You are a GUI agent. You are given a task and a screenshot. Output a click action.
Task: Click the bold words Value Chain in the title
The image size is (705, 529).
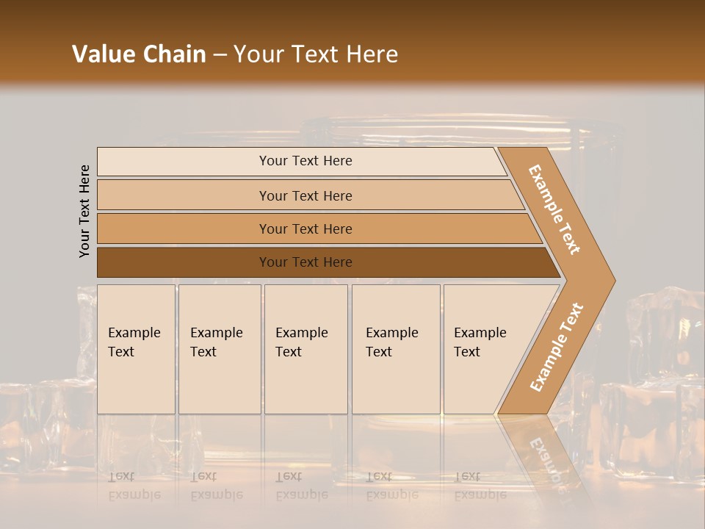click(139, 54)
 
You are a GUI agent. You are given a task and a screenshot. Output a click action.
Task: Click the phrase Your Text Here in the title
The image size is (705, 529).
click(316, 54)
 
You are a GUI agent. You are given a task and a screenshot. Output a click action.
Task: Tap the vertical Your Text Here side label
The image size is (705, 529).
click(84, 211)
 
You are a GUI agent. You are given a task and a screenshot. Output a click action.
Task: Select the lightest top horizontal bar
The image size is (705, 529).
click(184, 162)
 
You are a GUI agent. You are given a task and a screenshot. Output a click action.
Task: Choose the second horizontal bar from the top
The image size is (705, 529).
click(184, 195)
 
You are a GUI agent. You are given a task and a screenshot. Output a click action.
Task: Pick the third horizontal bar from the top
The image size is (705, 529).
click(184, 228)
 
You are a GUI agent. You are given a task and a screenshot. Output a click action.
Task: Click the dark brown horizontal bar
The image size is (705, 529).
click(184, 262)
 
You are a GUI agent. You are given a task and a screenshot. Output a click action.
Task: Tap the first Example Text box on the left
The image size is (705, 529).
click(136, 349)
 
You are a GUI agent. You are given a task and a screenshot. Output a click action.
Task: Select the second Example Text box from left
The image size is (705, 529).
click(220, 349)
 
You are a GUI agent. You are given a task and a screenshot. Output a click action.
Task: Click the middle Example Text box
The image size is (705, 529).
click(305, 349)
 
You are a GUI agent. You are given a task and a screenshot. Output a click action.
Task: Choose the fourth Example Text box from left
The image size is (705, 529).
click(396, 349)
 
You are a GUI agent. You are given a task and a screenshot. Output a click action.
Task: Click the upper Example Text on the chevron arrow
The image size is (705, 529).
click(554, 209)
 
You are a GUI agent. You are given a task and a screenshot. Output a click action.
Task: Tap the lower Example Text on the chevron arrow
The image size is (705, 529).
click(557, 347)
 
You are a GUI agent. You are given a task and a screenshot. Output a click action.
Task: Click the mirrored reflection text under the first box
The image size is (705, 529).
click(134, 486)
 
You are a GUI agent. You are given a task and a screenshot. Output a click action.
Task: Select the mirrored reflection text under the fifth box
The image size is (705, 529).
click(480, 486)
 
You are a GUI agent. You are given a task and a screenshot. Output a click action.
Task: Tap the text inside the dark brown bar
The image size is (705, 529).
click(305, 262)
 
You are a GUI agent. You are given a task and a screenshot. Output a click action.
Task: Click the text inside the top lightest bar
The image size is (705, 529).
click(305, 161)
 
